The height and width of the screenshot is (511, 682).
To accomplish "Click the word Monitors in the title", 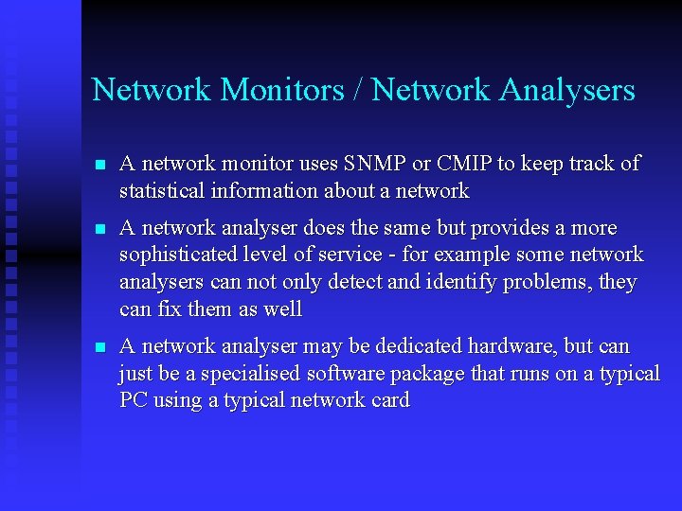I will [x=281, y=90].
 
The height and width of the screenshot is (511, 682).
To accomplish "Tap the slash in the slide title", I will [x=357, y=90].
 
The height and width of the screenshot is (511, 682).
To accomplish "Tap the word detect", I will [x=362, y=283].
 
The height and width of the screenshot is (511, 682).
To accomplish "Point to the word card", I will [x=389, y=400].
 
